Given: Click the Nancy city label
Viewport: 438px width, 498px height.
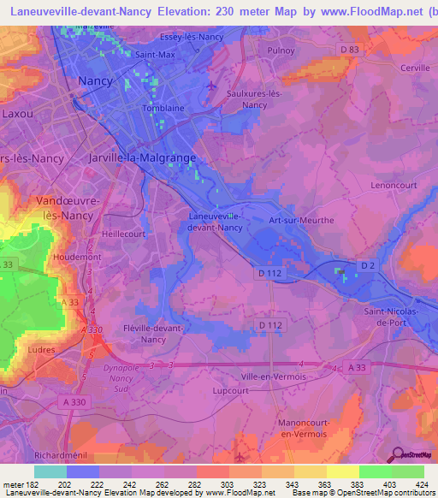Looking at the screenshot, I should [95, 80].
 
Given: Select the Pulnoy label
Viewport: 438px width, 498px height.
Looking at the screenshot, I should [281, 50].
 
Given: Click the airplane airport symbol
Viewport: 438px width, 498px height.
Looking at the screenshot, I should [213, 86].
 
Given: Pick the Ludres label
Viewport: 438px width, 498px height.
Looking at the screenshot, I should [40, 350].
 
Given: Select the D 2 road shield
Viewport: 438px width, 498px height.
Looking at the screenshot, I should [368, 266].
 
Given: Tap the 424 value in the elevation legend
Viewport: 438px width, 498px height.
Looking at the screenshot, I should [421, 484].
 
